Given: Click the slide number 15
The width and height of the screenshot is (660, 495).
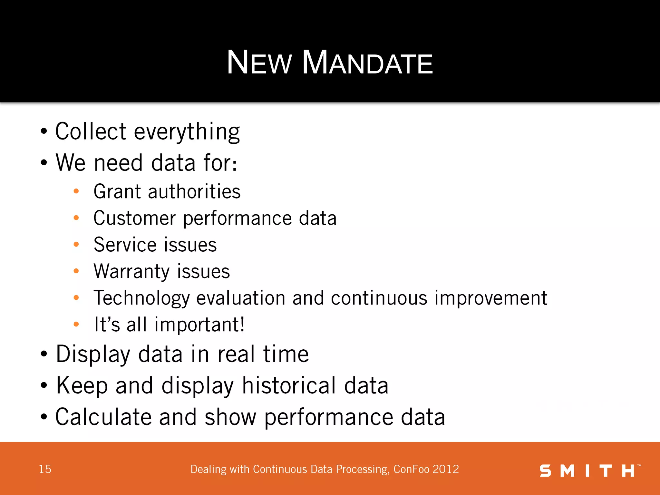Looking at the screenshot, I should point(45,469).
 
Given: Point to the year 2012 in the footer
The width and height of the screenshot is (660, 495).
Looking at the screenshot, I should point(446,469).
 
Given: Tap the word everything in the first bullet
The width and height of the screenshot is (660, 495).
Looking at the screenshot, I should point(187,132).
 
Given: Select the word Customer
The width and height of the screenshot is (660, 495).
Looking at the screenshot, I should point(134,218).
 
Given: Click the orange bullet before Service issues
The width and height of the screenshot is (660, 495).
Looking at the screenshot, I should point(76,245).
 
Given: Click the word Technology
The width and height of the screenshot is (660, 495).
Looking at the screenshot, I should point(141,298).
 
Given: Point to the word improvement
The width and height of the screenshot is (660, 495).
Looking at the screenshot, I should point(490,298).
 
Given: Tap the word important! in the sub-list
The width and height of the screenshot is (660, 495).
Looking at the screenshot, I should point(199,324).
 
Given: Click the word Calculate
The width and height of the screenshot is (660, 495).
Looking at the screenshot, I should point(103,417).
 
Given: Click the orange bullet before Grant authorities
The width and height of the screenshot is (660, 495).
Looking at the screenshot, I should point(76,191).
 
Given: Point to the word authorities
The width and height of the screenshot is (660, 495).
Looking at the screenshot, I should point(194,191).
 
